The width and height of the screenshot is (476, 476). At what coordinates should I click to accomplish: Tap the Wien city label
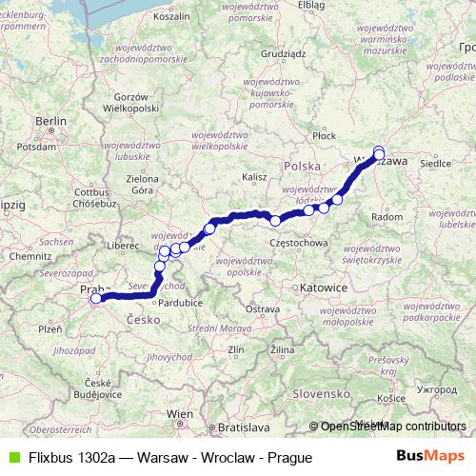[x=180, y=414]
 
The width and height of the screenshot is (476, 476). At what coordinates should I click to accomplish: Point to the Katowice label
[x=296, y=286]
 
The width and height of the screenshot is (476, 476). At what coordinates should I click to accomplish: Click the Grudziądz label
[x=282, y=54]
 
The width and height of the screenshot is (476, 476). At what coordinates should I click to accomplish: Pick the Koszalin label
[x=171, y=17]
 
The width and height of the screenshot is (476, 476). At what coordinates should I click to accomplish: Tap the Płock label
[x=325, y=136]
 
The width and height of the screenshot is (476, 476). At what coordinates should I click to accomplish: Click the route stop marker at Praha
[x=96, y=299]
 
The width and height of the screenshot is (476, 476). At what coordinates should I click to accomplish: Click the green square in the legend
[x=11, y=457]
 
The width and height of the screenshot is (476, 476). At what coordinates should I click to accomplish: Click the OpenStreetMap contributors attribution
[x=391, y=427]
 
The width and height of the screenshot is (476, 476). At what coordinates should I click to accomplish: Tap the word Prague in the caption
[x=290, y=457]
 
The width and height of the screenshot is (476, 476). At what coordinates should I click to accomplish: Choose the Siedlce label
[x=434, y=163]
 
